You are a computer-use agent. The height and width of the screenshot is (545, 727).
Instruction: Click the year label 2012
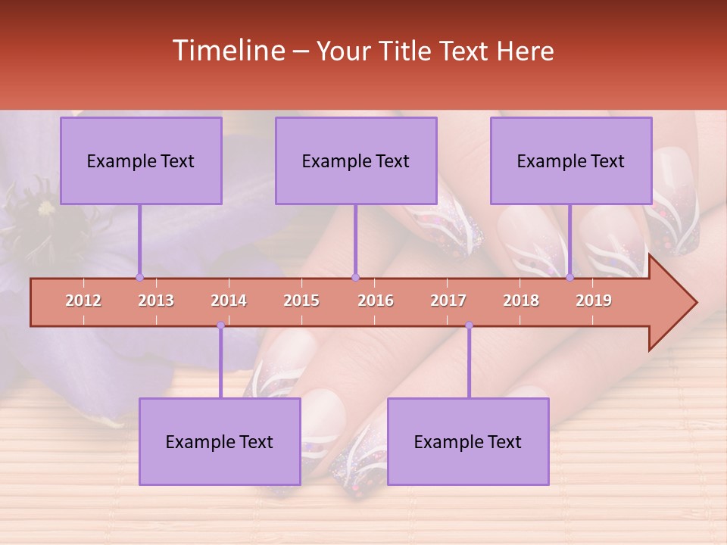point(83,301)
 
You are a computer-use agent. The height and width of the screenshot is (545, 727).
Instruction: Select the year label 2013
point(156,301)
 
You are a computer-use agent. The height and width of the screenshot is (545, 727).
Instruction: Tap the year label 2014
point(229,301)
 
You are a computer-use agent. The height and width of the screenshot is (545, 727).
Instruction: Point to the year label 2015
point(301,301)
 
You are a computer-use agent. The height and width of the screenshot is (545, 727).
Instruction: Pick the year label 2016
point(376,301)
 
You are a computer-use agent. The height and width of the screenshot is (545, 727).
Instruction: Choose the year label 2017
point(448,301)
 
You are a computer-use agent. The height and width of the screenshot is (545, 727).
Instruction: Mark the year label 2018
point(521,301)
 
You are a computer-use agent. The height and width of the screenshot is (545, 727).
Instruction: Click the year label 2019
point(594,301)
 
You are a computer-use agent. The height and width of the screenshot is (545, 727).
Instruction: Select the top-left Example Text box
point(141,160)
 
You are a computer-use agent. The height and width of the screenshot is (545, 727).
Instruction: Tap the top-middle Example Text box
point(356,160)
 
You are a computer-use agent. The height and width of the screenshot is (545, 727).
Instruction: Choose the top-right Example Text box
point(571,160)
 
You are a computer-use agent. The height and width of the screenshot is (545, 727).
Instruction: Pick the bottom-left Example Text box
point(220,441)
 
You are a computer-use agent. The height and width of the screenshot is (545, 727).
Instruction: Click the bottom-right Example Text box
point(468,441)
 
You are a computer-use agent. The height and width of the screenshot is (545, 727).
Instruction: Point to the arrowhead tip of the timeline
point(694,303)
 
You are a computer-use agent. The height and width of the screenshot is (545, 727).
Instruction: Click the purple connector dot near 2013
point(139,277)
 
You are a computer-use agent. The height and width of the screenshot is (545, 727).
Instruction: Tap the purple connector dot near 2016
point(356,277)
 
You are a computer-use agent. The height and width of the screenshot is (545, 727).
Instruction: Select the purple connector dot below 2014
point(220,325)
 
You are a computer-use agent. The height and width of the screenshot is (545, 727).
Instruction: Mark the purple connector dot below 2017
point(469,325)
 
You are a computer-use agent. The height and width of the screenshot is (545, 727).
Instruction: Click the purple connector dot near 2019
point(570,277)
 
